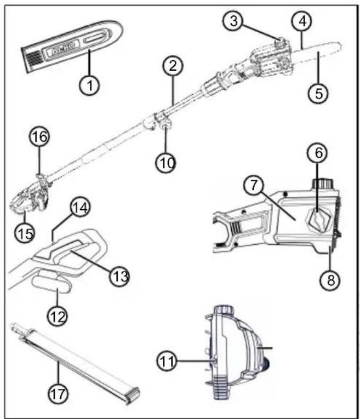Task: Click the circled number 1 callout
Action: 89,85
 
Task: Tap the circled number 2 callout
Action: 173,66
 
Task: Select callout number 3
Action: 233,21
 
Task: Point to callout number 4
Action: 302,21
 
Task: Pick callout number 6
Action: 317,153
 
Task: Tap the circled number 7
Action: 254,185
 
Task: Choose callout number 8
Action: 331,280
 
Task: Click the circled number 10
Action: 166,162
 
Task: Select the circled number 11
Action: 167,361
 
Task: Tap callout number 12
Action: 58,317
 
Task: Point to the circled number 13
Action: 119,276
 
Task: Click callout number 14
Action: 80,208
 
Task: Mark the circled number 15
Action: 25,233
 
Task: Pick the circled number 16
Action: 39,137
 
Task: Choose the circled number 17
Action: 58,394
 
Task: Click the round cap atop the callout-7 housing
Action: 323,184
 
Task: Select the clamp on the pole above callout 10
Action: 163,120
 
